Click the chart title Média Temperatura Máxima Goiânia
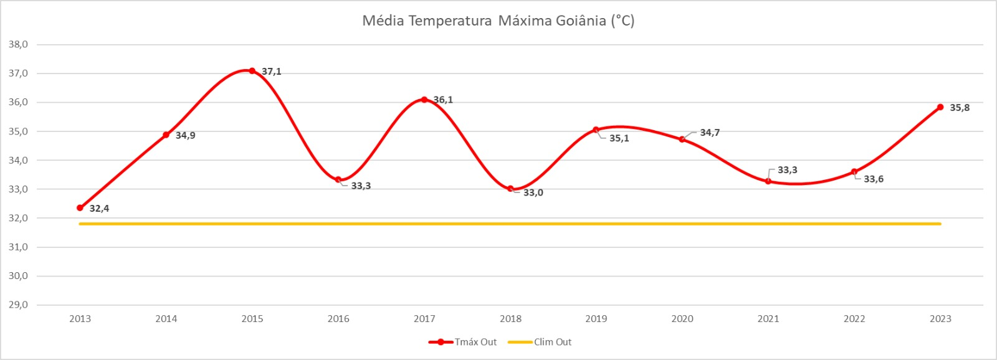[498, 21]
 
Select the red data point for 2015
[252, 71]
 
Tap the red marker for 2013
[80, 207]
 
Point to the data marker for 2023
[940, 107]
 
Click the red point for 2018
[510, 189]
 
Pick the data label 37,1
[271, 72]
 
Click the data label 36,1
[443, 100]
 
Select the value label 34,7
[710, 133]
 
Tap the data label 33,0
[533, 192]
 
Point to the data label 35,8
[960, 108]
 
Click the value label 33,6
[873, 179]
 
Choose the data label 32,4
[99, 209]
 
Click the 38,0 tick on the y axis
[18, 44]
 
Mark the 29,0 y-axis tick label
[18, 305]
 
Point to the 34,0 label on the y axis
[18, 160]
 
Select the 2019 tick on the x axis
[596, 319]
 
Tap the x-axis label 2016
[338, 319]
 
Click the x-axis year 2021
[768, 319]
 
